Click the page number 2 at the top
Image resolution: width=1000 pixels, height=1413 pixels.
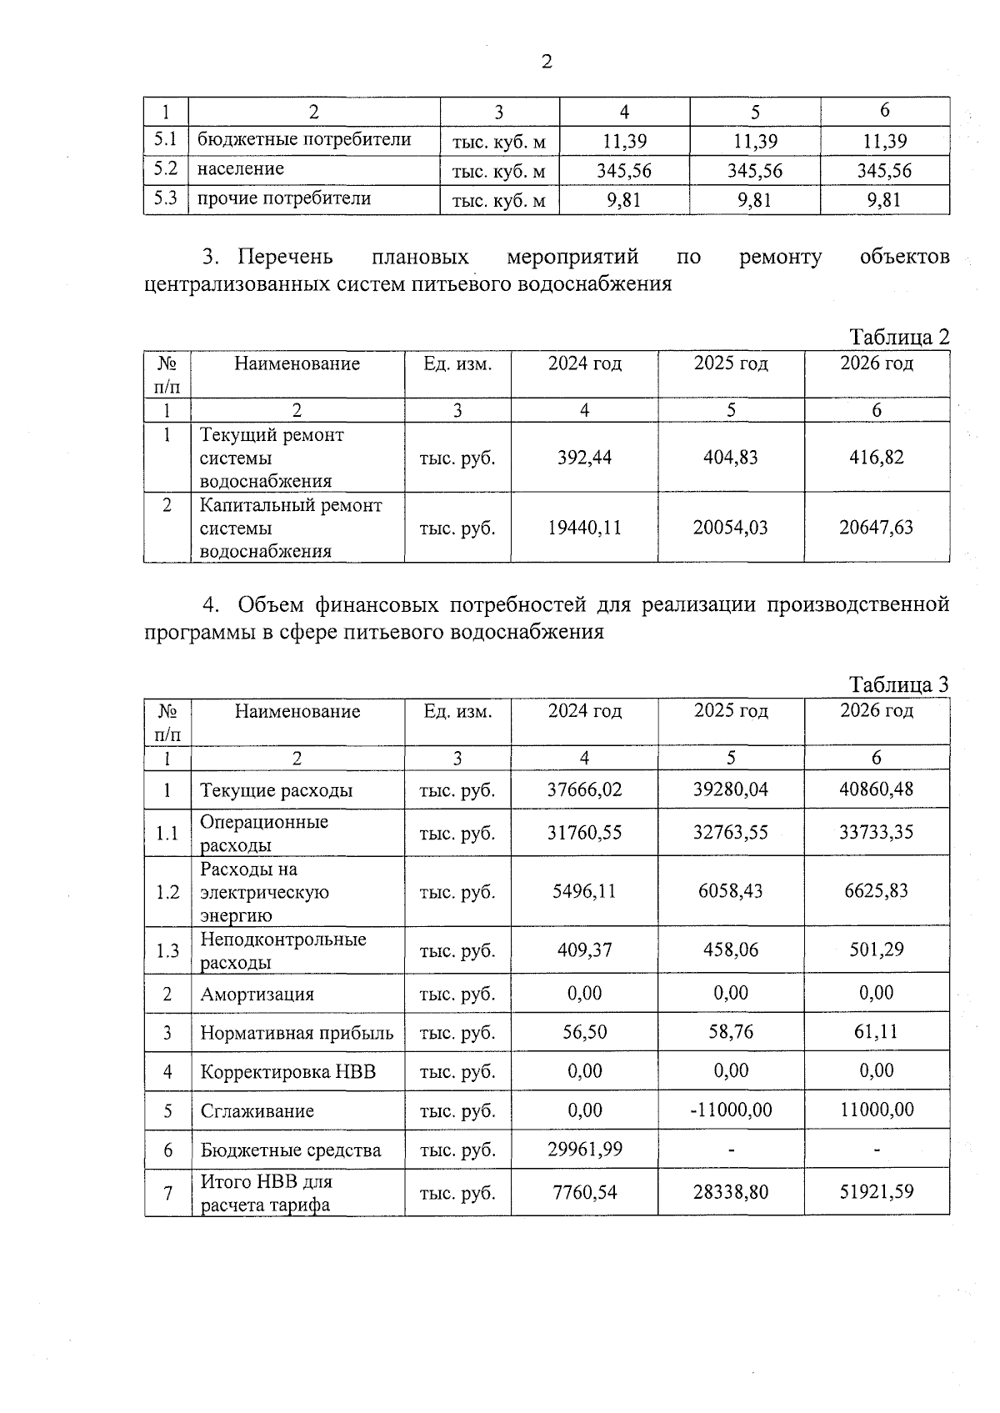pos(547,62)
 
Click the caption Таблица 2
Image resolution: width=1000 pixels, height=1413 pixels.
pos(898,338)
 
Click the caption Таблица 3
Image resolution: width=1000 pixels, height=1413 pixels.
pos(898,684)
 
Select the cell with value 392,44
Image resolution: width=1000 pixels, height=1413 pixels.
pos(584,458)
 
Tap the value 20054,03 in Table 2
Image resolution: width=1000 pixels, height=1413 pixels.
pos(730,528)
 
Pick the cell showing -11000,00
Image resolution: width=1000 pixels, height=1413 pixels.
pos(731,1110)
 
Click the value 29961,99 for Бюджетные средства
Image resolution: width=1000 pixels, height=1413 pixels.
pos(584,1150)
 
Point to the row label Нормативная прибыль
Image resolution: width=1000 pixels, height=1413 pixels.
pos(297,1034)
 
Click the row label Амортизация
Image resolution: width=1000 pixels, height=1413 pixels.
pos(257,995)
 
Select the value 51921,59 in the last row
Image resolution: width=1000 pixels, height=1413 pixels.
pos(876,1192)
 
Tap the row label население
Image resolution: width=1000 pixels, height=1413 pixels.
pos(240,169)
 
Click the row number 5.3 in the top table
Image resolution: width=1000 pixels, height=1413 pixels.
pos(166,199)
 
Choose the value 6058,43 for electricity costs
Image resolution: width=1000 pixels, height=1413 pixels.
pos(731,891)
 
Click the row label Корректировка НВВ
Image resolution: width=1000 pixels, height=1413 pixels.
pos(287,1072)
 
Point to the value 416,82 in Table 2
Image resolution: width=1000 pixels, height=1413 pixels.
pos(876,458)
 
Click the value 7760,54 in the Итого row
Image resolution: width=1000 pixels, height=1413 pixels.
pos(584,1192)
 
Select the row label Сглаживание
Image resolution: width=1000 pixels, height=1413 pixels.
pos(257,1111)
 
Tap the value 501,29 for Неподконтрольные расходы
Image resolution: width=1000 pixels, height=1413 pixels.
pos(876,950)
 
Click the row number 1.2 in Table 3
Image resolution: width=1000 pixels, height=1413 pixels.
pos(167,892)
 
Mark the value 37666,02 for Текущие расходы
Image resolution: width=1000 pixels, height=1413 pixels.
pos(584,789)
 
